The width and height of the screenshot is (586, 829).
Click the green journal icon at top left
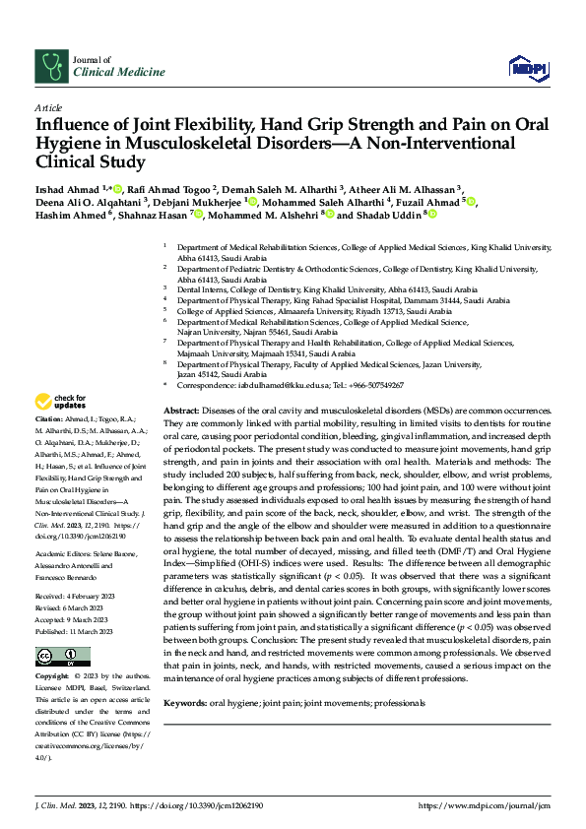pyautogui.click(x=49, y=66)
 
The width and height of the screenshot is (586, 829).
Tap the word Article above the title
pyautogui.click(x=48, y=107)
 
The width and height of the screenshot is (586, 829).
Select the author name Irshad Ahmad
pyautogui.click(x=68, y=189)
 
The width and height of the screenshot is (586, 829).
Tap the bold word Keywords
pyautogui.click(x=187, y=704)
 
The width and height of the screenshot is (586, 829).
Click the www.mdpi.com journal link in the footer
pyautogui.click(x=486, y=805)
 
